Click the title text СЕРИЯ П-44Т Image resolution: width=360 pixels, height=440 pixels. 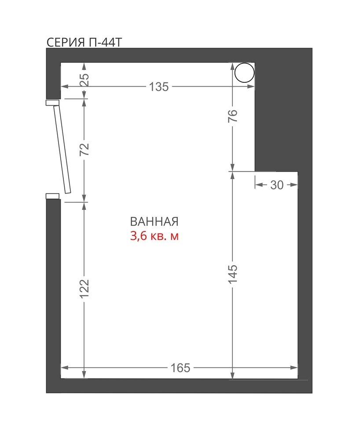[x=84, y=42]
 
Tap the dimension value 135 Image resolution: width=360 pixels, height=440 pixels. [x=159, y=87]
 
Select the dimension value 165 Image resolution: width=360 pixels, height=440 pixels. [x=180, y=367]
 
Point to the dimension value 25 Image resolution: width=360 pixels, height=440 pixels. [x=85, y=80]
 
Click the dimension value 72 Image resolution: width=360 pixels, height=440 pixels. [x=85, y=149]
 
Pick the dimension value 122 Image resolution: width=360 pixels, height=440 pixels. [x=85, y=289]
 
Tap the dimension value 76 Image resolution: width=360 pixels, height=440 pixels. [x=233, y=116]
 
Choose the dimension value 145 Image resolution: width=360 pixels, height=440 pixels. [x=233, y=274]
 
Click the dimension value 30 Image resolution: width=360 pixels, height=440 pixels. [x=277, y=185]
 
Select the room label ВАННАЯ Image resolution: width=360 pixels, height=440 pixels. [x=154, y=222]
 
